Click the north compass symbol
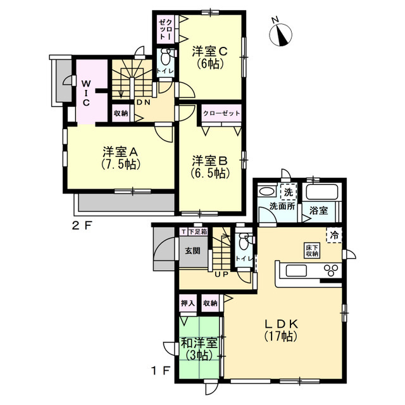(280, 34)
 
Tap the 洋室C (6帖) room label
(209, 57)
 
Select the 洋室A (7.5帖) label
(121, 158)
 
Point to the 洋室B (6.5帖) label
(209, 166)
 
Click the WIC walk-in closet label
(86, 93)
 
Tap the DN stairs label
(143, 103)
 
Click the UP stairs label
(222, 274)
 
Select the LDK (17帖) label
(281, 330)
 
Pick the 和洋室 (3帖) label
(199, 349)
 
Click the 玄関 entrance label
(192, 251)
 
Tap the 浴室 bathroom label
(318, 211)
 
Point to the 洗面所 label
(282, 206)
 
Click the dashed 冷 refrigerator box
(334, 235)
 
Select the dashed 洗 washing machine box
(289, 192)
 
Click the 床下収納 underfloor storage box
(312, 251)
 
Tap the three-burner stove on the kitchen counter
(331, 270)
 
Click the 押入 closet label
(187, 303)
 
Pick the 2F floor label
(82, 226)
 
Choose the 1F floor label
(160, 371)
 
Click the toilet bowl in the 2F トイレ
(165, 58)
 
